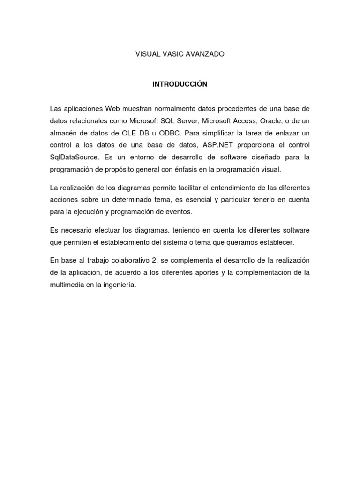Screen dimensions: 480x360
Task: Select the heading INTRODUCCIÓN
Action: pos(180,84)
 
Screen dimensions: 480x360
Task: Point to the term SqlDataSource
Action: pos(71,157)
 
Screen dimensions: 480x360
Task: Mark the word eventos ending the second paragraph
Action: pos(180,212)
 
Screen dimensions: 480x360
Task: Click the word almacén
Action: pos(63,132)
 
